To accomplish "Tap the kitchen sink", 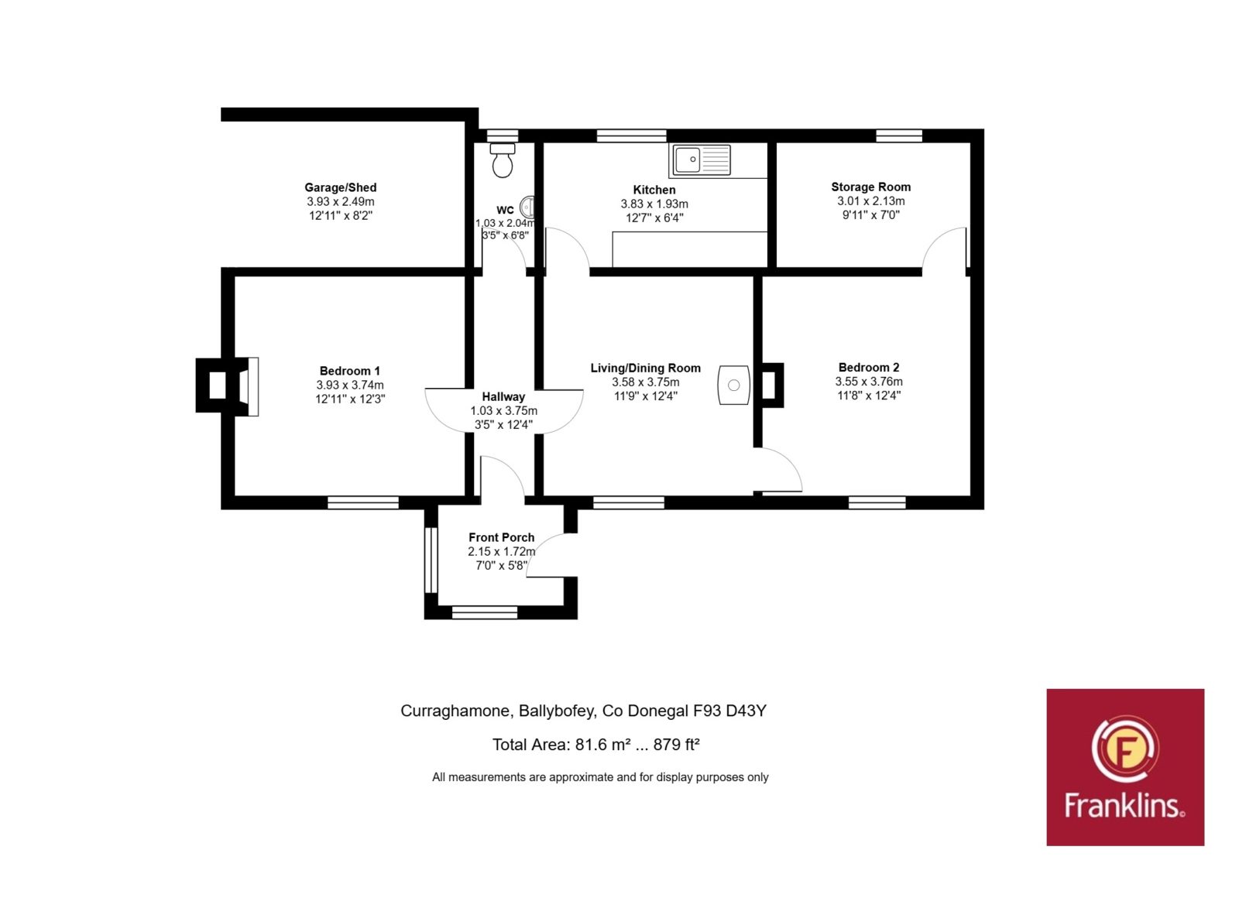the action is click(x=702, y=159).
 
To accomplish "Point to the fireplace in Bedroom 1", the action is click(x=228, y=386).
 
